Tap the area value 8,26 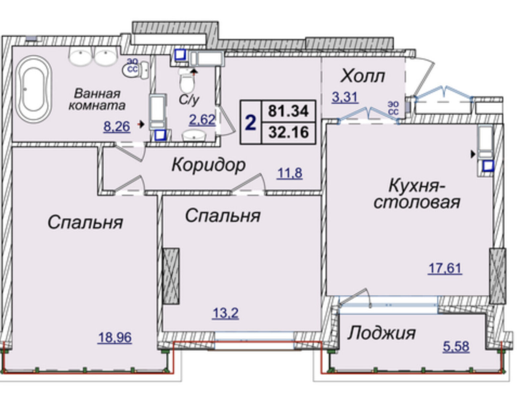[117, 126]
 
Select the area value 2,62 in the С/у [202, 120]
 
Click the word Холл [362, 76]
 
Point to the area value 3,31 [345, 98]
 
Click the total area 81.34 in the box [289, 111]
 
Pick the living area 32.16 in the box [289, 132]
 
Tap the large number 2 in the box [250, 122]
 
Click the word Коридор [208, 165]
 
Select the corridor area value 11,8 [290, 173]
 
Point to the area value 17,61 [445, 269]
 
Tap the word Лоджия [382, 333]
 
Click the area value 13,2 [226, 314]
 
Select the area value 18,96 [115, 337]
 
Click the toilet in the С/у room [186, 80]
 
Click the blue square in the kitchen [488, 166]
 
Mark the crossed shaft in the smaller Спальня [171, 276]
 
